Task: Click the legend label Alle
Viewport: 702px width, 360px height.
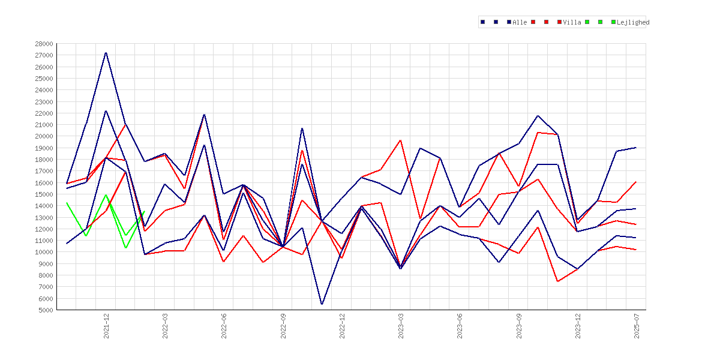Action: [x=520, y=22]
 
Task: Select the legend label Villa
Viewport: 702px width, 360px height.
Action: [x=572, y=22]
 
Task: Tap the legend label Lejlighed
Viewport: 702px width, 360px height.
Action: [x=633, y=22]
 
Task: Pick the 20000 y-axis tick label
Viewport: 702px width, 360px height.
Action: [x=44, y=136]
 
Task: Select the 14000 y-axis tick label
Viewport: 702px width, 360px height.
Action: [x=44, y=206]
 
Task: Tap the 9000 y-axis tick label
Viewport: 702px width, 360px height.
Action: [x=46, y=264]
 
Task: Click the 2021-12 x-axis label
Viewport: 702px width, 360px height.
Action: [x=106, y=326]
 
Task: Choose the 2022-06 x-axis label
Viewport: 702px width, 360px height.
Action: [x=224, y=326]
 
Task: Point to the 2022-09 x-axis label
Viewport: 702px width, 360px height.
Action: [x=283, y=326]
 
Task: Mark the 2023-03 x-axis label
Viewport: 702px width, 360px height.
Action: [x=401, y=326]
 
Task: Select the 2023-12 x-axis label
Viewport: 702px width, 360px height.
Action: [x=578, y=326]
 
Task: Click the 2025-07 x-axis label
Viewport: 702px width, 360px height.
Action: [x=637, y=326]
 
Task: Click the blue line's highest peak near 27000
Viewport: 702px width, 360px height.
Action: [x=106, y=52]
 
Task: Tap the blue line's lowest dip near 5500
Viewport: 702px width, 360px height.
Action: [x=322, y=304]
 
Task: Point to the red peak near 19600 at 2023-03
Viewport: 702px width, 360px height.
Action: [x=401, y=140]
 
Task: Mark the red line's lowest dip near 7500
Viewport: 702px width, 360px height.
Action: [x=558, y=281]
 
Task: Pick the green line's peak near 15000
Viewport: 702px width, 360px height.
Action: [x=106, y=195]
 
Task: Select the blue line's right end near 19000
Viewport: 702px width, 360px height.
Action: [x=636, y=148]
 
